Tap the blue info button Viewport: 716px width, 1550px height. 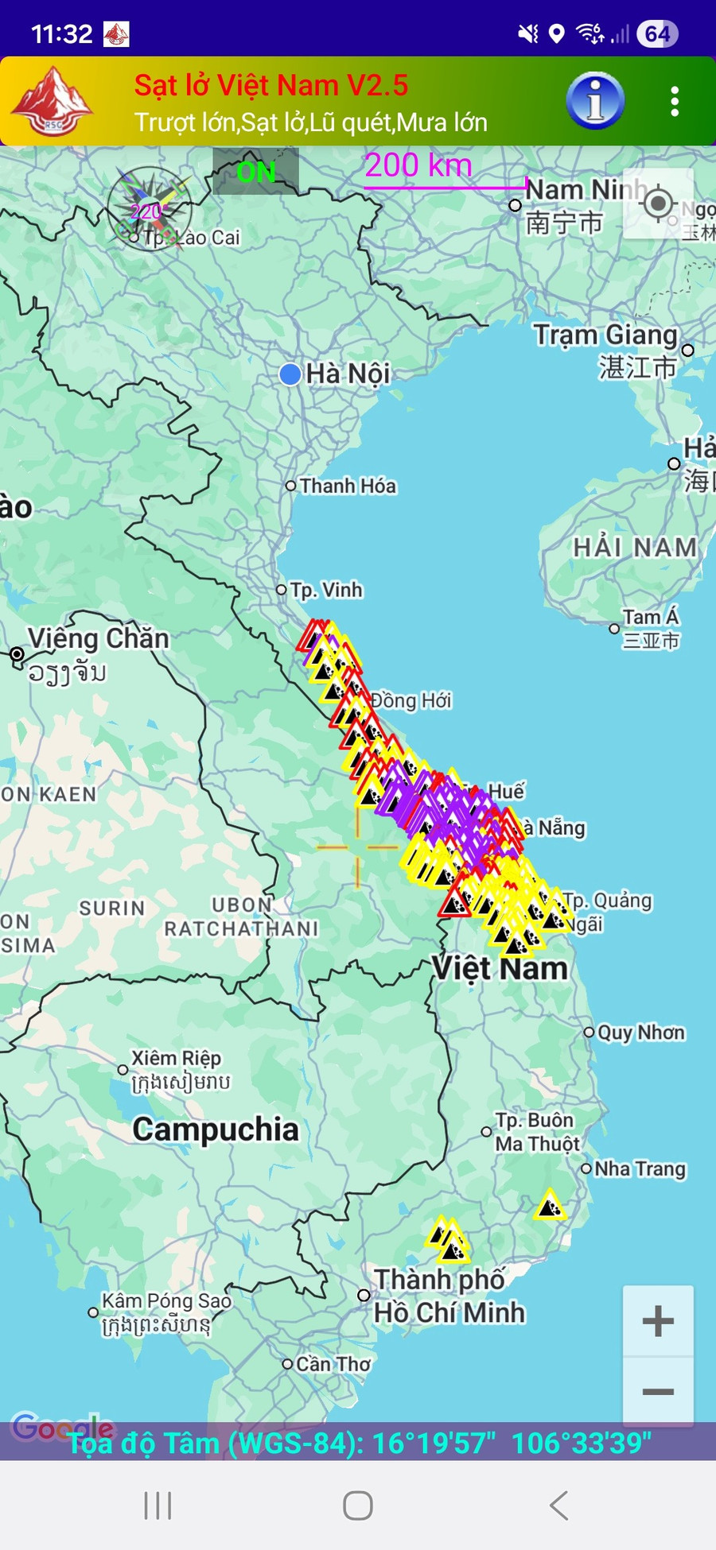point(595,102)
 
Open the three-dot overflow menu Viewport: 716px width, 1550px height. point(675,102)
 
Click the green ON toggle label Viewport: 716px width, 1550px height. point(255,172)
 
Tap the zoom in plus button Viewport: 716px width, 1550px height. point(658,1321)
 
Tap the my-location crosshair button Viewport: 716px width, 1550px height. point(658,204)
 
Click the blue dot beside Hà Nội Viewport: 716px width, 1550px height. point(290,374)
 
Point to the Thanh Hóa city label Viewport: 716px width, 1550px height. point(348,486)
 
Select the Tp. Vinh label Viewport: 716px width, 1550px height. point(326,590)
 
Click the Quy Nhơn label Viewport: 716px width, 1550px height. point(640,1033)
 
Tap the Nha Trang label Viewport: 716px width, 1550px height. point(640,1168)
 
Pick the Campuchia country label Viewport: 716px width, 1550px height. point(216,1130)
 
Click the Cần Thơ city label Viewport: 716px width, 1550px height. point(333,1364)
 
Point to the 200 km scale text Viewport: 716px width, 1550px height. point(418,166)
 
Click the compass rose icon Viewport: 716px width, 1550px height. point(150,209)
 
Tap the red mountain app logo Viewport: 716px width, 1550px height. point(53,102)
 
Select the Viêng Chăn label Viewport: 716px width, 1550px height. point(98,638)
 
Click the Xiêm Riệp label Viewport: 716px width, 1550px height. point(176,1058)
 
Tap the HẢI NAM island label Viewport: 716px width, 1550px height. point(635,548)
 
